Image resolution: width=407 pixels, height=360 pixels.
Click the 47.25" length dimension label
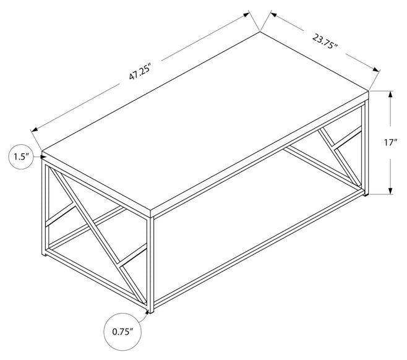140,72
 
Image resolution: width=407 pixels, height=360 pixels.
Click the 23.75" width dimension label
325,41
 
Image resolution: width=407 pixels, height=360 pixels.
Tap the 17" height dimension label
391,142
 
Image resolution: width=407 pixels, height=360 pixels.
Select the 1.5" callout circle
22,156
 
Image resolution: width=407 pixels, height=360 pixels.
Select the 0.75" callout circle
122,332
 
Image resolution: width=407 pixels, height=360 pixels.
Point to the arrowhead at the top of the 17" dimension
390,94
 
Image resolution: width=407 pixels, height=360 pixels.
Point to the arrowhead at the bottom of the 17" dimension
390,191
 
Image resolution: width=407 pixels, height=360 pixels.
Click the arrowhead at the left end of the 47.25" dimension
35,129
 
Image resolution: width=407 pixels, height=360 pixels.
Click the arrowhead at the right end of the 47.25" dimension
246,14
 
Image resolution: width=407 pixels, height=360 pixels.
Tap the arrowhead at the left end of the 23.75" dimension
273,14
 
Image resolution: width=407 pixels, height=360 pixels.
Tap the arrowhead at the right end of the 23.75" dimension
376,69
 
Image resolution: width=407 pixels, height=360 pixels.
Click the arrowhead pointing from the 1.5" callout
43,156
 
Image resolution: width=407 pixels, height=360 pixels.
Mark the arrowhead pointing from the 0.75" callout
148,312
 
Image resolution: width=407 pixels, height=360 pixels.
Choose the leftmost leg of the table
43,208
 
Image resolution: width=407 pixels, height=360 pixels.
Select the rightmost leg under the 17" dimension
367,148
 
